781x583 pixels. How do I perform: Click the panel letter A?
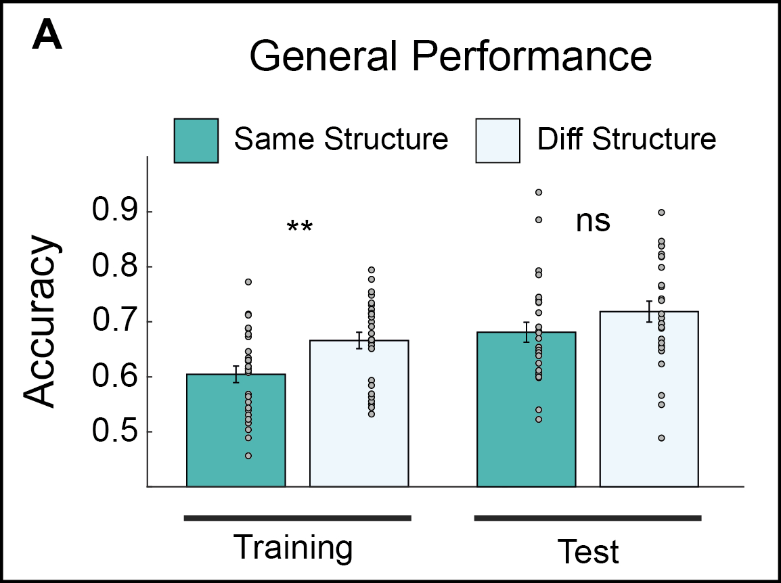[47, 39]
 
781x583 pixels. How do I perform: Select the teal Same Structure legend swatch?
[196, 141]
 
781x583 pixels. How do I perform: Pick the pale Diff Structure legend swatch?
[497, 141]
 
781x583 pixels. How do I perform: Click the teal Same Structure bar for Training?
[236, 433]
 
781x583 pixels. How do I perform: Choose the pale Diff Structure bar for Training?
[359, 419]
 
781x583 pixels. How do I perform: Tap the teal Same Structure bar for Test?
[526, 413]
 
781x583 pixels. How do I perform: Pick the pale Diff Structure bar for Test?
[649, 406]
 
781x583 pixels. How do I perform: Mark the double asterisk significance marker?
[299, 227]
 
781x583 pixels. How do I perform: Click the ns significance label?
[593, 221]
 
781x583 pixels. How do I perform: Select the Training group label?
[293, 548]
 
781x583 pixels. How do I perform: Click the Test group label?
[587, 551]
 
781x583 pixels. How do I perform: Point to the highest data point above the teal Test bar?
[539, 193]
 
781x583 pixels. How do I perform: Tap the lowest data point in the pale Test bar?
[661, 438]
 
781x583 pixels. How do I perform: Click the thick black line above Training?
[298, 518]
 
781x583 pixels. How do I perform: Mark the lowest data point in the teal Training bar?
[248, 456]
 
